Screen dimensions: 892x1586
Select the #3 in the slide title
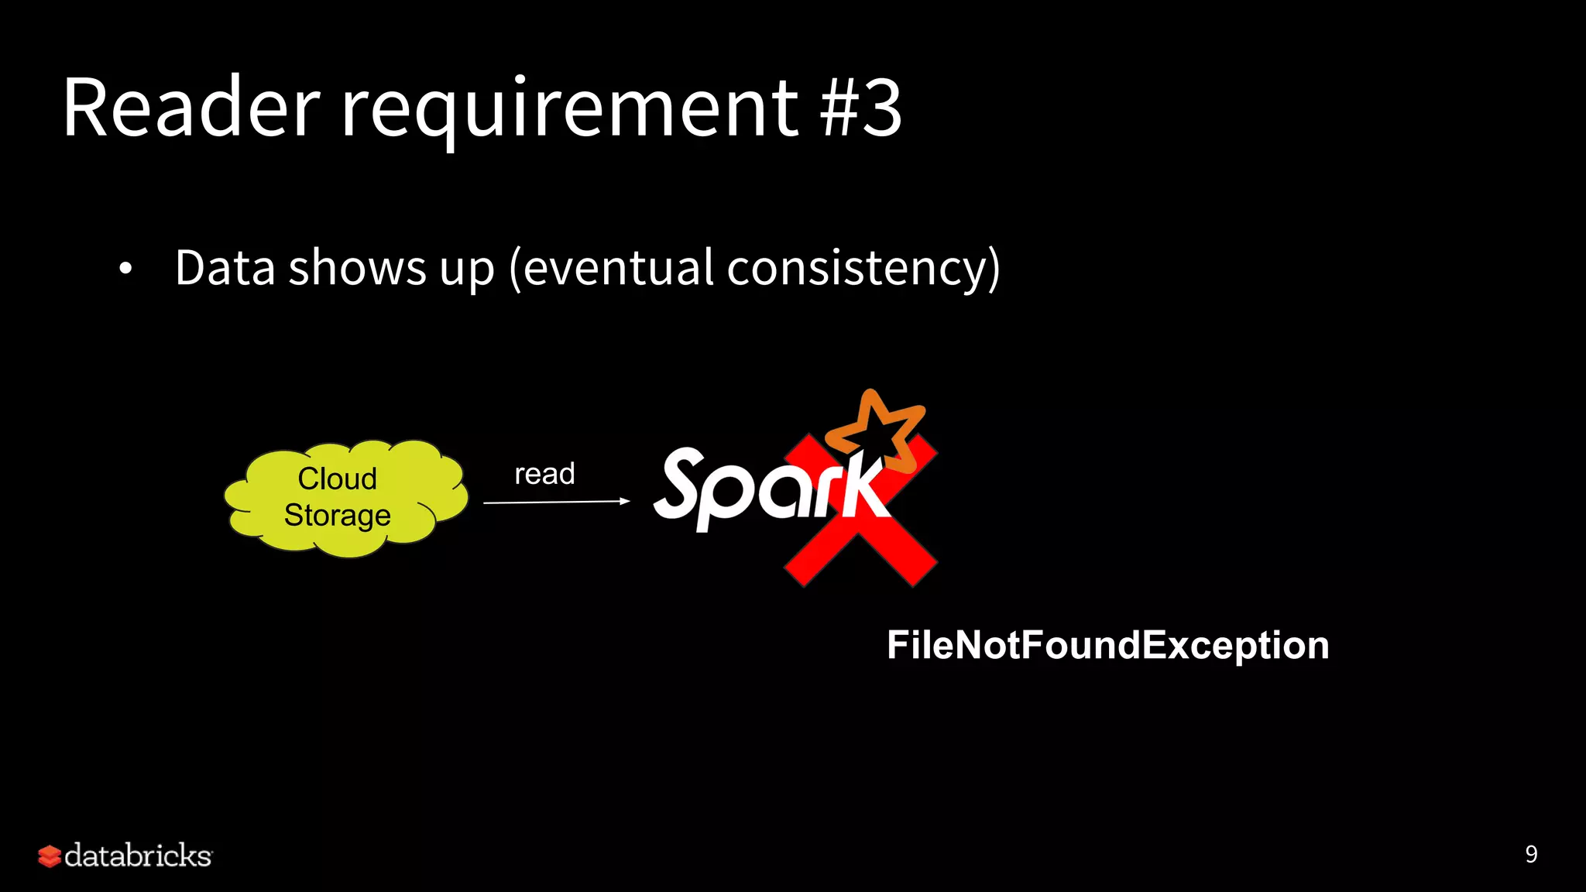click(861, 108)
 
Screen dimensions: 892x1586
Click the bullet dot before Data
click(125, 269)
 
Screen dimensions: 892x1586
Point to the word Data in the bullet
click(225, 268)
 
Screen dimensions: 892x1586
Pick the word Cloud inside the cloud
click(338, 479)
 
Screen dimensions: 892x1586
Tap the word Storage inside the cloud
click(338, 516)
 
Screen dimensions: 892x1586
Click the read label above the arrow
click(544, 474)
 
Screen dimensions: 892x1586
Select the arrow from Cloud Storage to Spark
click(556, 503)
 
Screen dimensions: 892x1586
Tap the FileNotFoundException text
click(1107, 645)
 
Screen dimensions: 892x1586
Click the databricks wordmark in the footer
click(138, 856)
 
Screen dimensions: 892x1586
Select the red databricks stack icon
click(50, 856)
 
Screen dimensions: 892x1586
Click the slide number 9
click(1531, 854)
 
